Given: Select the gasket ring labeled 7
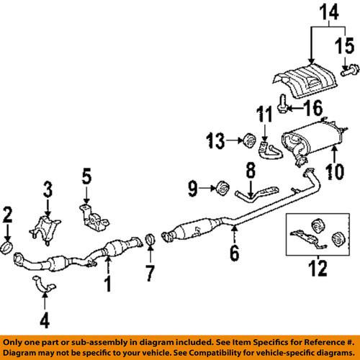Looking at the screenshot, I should (x=150, y=239).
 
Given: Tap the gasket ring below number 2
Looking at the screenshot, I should (x=8, y=249).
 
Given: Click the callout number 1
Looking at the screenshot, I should (x=107, y=286).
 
